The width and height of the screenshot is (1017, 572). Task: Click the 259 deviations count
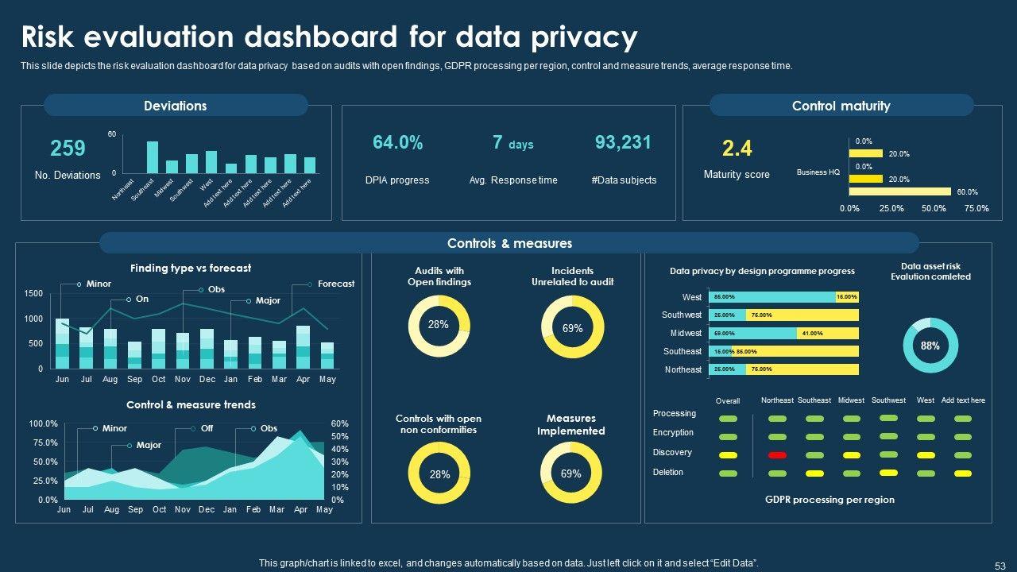[68, 149]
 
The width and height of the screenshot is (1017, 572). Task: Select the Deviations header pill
[176, 106]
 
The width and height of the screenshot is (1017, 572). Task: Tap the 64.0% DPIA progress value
[397, 143]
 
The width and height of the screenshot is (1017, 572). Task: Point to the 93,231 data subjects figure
[623, 143]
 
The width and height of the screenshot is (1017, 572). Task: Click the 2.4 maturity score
[737, 149]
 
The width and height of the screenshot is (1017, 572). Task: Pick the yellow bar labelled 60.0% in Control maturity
[899, 191]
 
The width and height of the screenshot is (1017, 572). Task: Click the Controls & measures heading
[509, 243]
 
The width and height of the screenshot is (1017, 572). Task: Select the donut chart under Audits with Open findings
[439, 325]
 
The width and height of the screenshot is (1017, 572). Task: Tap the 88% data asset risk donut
[930, 346]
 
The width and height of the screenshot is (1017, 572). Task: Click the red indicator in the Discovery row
[777, 455]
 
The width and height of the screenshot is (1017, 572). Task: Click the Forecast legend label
[336, 284]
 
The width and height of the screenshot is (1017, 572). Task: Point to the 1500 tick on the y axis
[33, 294]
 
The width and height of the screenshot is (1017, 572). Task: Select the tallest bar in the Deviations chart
[153, 157]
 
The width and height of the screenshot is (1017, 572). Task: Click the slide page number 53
[1000, 566]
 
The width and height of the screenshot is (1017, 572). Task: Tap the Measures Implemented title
[571, 424]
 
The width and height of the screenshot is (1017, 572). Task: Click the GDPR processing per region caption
[829, 500]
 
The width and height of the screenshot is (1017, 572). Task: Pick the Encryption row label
[673, 433]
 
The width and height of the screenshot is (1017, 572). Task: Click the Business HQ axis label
[818, 172]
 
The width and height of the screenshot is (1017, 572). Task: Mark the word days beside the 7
[521, 145]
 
